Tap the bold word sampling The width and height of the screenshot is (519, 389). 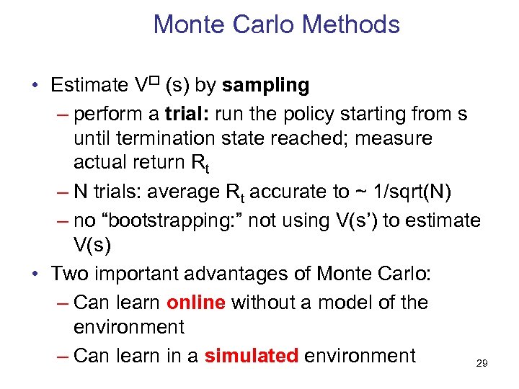pos(265,85)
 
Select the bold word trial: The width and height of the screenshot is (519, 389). pos(188,114)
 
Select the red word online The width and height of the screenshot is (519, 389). pos(195,303)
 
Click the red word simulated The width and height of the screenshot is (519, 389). pos(251,355)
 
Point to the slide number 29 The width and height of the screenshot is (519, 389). pos(482,364)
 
